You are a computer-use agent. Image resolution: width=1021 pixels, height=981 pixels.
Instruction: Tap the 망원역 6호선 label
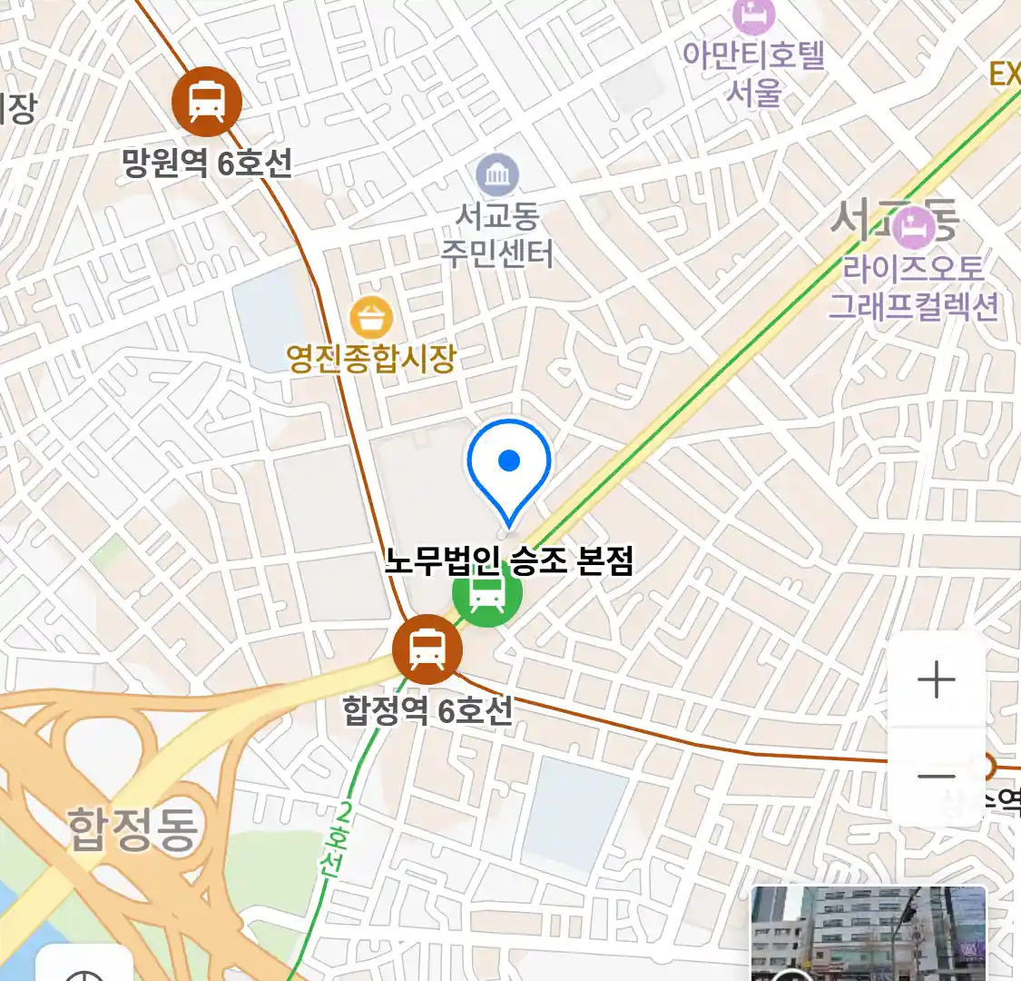click(x=207, y=163)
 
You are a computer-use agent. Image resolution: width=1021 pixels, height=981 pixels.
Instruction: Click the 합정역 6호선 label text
click(x=427, y=709)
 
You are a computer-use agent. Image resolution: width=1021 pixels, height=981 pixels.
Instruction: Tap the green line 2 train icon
click(x=487, y=595)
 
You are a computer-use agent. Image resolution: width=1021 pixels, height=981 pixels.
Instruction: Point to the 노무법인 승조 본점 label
click(x=508, y=560)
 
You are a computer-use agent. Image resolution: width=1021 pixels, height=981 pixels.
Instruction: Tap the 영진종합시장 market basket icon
click(x=371, y=318)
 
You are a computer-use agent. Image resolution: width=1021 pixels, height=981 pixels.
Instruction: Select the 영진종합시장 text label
click(x=370, y=358)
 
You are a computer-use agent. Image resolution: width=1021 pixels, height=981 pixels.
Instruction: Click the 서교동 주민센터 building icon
click(x=497, y=175)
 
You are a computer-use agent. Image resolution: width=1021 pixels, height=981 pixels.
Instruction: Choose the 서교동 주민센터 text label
click(x=497, y=234)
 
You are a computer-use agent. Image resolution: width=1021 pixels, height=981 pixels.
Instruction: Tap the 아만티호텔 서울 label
click(x=754, y=73)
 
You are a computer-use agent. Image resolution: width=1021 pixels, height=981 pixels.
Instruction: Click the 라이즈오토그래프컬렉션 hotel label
click(x=913, y=287)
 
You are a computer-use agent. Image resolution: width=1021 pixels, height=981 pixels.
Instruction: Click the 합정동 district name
click(x=133, y=828)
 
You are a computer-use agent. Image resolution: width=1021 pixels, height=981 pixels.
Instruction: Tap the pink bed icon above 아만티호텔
click(x=754, y=15)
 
